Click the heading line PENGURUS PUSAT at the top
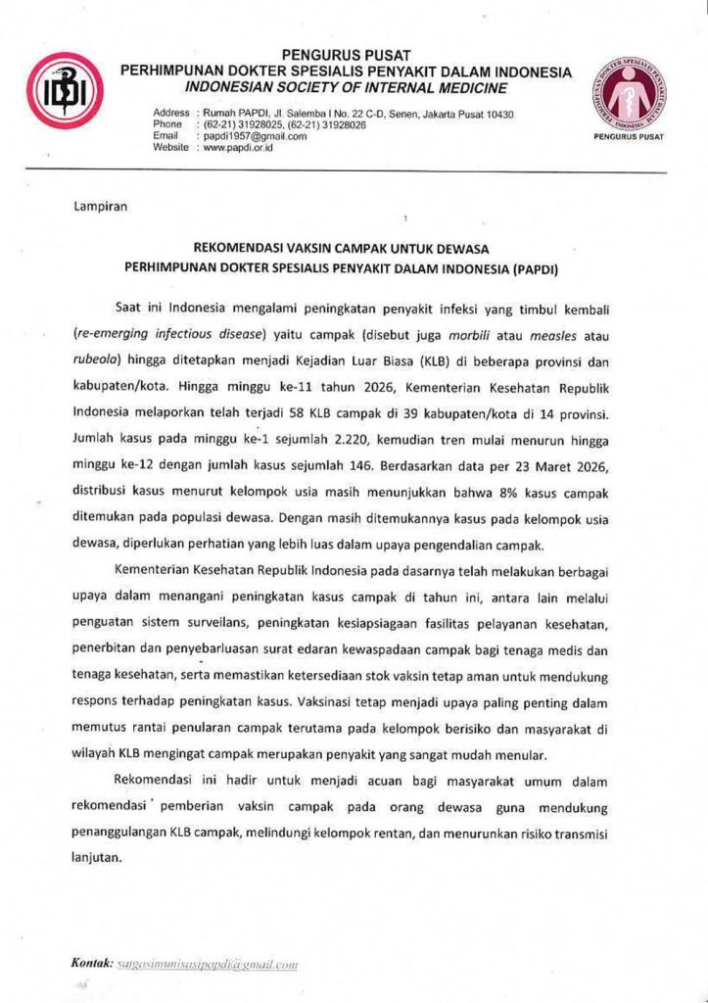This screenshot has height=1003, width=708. click(x=346, y=54)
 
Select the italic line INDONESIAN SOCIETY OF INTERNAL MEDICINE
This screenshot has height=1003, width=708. click(x=346, y=87)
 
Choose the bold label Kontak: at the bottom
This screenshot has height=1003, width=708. click(x=93, y=964)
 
